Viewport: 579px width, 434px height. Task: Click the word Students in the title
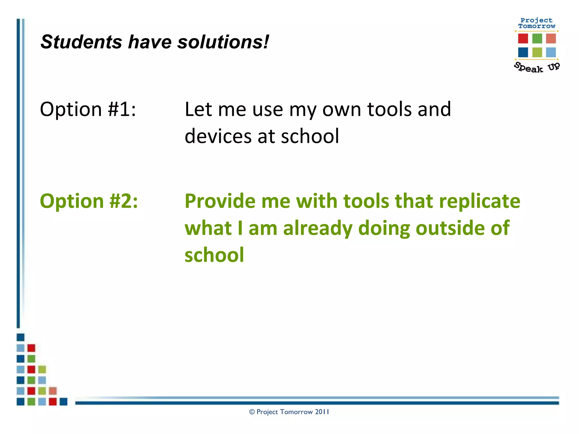pos(81,42)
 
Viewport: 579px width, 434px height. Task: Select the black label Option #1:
pos(88,109)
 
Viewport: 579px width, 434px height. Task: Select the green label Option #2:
pos(89,201)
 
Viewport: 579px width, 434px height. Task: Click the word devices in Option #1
pos(217,136)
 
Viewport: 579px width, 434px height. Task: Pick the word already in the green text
pos(317,228)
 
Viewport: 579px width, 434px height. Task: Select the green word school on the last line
pos(214,255)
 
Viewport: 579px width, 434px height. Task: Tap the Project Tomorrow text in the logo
pos(536,23)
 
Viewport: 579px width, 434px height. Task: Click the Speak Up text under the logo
pos(536,68)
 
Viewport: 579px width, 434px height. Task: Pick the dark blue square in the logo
pos(523,52)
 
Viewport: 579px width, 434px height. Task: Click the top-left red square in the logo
pos(523,38)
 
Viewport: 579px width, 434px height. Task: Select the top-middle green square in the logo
pos(537,38)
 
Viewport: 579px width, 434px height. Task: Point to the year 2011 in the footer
pos(322,412)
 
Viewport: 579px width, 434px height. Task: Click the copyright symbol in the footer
pos(252,412)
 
